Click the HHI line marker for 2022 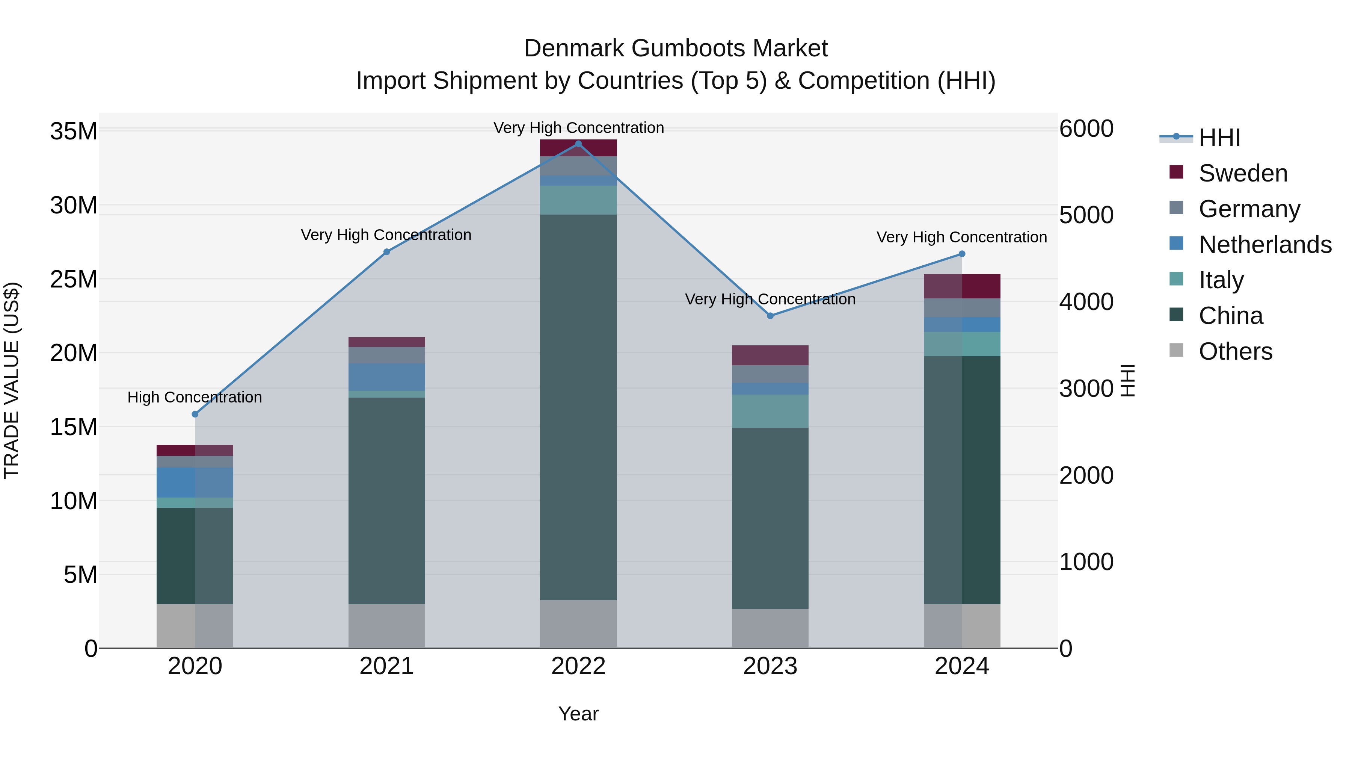tap(578, 144)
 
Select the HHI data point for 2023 tap(770, 316)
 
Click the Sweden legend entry tap(1242, 173)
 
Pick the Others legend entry tap(1235, 351)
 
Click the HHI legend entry tap(1219, 138)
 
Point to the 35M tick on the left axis tap(74, 131)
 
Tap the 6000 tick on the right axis tap(1086, 129)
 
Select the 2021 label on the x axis tap(386, 666)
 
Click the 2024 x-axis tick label tap(961, 666)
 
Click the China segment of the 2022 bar tap(578, 407)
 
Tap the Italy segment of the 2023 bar tap(770, 411)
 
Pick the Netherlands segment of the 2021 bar tap(386, 377)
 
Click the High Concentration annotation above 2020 tap(195, 398)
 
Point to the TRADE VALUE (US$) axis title tap(12, 380)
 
